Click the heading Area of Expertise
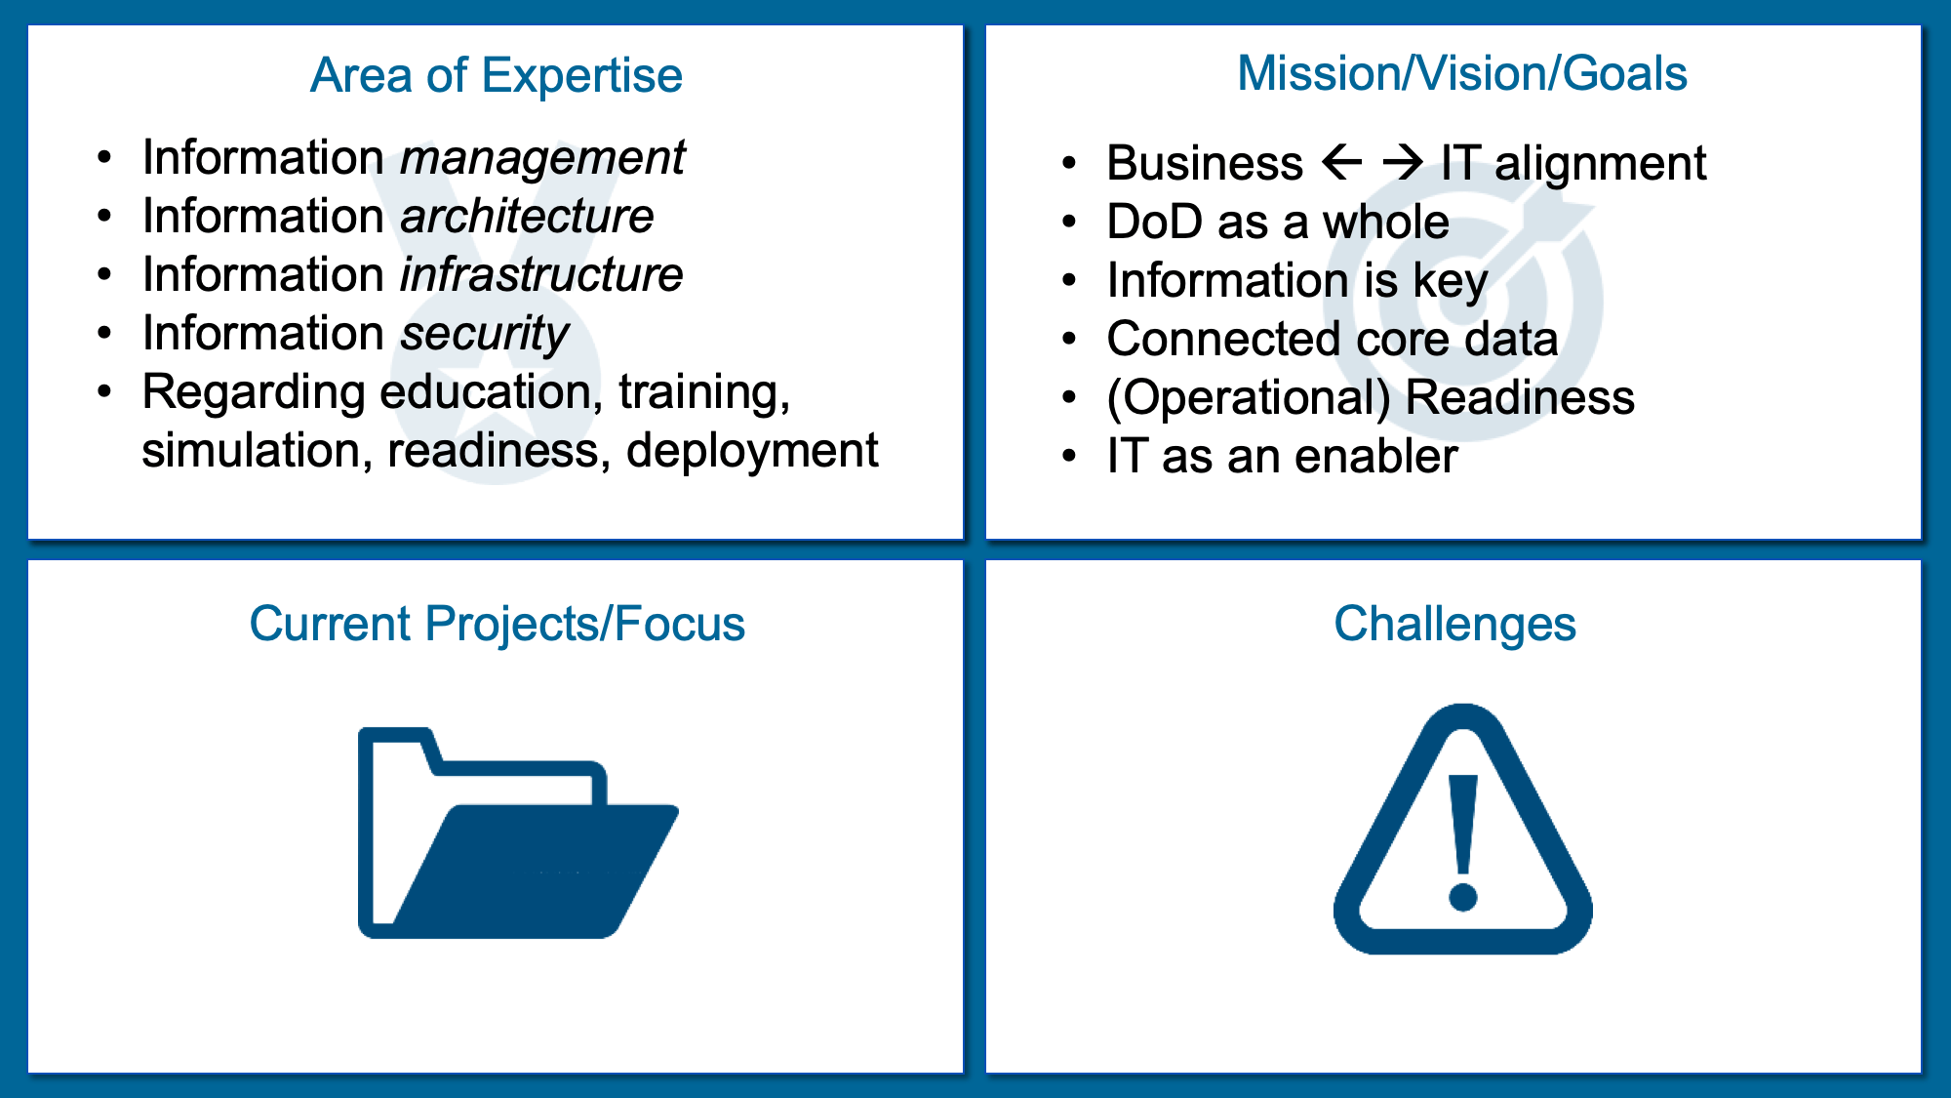tap(496, 75)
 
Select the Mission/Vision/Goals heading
tap(1462, 73)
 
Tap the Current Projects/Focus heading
tap(497, 624)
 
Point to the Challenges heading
tap(1454, 624)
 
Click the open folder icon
tap(517, 833)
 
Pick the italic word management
tap(543, 158)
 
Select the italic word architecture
tap(527, 216)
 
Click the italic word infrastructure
tap(542, 274)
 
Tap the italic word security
tap(485, 335)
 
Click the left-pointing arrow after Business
tap(1342, 162)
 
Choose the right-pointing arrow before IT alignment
tap(1403, 162)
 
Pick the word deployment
tap(752, 452)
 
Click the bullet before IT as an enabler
tap(1070, 456)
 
